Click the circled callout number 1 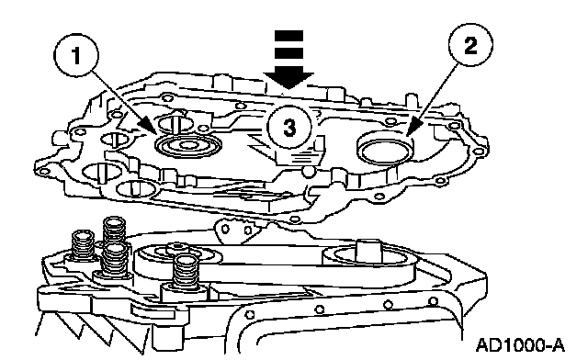click(76, 55)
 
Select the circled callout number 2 click(470, 45)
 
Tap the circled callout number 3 click(289, 127)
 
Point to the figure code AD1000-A click(520, 345)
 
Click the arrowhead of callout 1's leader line click(148, 126)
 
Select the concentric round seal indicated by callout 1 click(187, 145)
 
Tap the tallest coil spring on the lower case click(114, 230)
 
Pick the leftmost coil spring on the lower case click(83, 244)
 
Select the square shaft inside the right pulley click(368, 251)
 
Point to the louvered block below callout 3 click(300, 155)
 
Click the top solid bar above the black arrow click(288, 36)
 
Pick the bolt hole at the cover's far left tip click(44, 172)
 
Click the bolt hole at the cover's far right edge click(479, 152)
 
